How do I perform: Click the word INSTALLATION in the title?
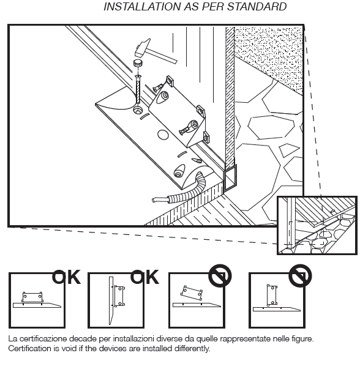(x=143, y=7)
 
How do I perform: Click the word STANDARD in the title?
(x=257, y=7)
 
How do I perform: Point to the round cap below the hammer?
(x=138, y=64)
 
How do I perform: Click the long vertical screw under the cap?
(x=138, y=89)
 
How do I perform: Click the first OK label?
(x=66, y=277)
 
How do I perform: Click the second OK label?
(x=144, y=277)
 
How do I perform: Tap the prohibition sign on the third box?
(x=220, y=276)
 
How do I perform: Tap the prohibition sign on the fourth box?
(x=300, y=276)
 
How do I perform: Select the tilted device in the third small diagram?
(x=192, y=292)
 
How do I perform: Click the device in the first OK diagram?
(x=32, y=297)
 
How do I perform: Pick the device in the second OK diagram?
(x=119, y=296)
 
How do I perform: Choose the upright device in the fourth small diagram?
(x=272, y=295)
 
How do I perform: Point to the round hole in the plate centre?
(x=163, y=135)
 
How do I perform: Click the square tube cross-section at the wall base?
(x=230, y=178)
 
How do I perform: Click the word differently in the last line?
(x=192, y=349)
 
